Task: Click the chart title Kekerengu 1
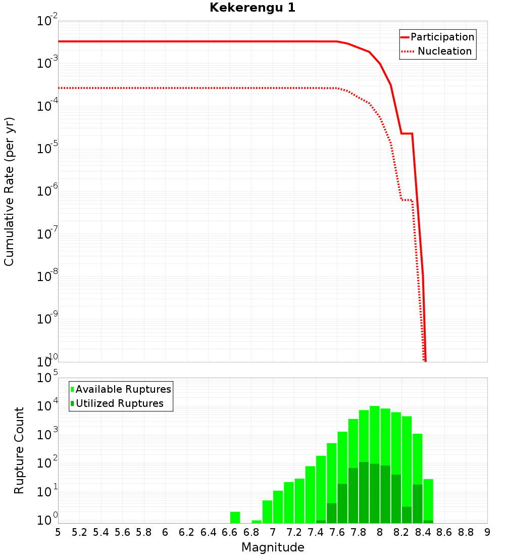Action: coord(252,8)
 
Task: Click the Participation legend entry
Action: coord(442,37)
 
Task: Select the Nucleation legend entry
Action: coord(444,52)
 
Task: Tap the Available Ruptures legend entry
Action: coord(123,389)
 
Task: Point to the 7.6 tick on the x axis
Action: coord(337,532)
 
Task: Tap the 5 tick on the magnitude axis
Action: coord(58,532)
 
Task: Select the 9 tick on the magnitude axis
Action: coord(487,532)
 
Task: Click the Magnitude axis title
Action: coord(273,547)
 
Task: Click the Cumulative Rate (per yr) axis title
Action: coord(9,191)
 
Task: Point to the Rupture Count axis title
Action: coord(19,450)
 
